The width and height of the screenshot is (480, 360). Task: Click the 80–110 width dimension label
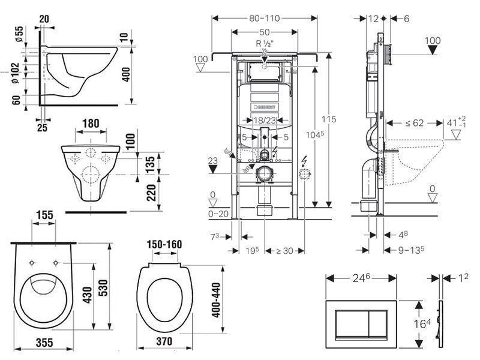[x=265, y=19]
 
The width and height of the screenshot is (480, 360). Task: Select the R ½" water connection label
[x=264, y=43]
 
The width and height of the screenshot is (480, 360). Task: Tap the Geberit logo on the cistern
[x=265, y=107]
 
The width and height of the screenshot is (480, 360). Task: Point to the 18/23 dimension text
[x=265, y=121]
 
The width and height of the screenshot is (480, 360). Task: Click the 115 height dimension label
[x=329, y=119]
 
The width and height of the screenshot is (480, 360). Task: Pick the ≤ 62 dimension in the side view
[x=415, y=123]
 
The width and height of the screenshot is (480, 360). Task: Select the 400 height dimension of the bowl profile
[x=126, y=74]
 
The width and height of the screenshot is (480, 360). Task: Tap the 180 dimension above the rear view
[x=91, y=124]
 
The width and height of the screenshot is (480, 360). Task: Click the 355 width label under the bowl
[x=44, y=343]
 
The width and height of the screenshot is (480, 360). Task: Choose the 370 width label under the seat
[x=164, y=341]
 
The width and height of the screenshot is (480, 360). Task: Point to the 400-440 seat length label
[x=216, y=300]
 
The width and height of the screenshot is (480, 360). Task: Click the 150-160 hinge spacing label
[x=164, y=244]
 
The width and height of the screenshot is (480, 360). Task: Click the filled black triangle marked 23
[x=212, y=169]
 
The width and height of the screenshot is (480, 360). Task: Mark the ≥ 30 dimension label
[x=284, y=251]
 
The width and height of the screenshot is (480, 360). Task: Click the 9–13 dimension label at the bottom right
[x=411, y=250]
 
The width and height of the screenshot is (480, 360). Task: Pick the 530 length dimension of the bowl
[x=103, y=288]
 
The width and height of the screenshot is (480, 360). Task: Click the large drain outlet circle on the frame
[x=265, y=174]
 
